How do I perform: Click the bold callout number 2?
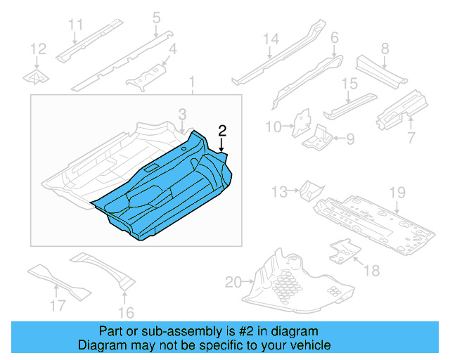coord(222,130)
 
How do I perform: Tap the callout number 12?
coord(38,49)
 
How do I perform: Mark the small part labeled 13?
coord(309,190)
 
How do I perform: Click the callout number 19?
coord(397,191)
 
